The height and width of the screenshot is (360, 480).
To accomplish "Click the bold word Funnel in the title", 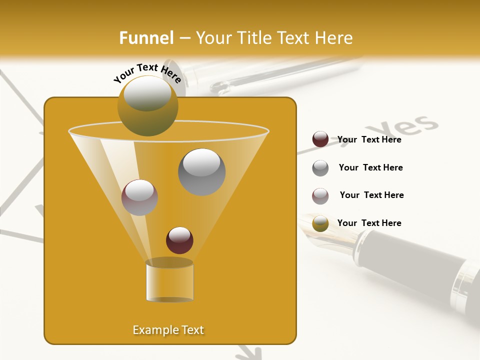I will tap(146, 38).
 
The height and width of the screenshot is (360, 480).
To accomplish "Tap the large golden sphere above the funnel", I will tap(147, 105).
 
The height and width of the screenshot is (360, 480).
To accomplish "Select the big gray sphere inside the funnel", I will tap(201, 172).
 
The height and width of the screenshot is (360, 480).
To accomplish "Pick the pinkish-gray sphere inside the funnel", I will tap(139, 197).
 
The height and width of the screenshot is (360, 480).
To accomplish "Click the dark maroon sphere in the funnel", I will tap(179, 240).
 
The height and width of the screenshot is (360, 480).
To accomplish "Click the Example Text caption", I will tap(168, 330).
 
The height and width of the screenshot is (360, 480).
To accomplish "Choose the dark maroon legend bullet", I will tap(320, 139).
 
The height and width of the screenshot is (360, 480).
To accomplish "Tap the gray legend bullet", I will tap(320, 168).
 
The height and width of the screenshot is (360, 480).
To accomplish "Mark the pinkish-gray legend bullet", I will tap(320, 196).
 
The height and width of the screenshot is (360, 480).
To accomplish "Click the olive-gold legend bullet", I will tap(320, 223).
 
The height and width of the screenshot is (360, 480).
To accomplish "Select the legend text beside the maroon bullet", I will tap(369, 139).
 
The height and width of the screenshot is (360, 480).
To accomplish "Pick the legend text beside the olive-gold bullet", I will tap(369, 223).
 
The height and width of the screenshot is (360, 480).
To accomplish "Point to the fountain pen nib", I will tap(325, 232).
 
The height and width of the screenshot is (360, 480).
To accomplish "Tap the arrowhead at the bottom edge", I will tap(249, 353).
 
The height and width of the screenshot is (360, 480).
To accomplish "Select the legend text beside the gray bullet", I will tap(370, 167).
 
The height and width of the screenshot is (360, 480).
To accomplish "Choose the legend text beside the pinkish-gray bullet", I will tap(371, 195).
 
